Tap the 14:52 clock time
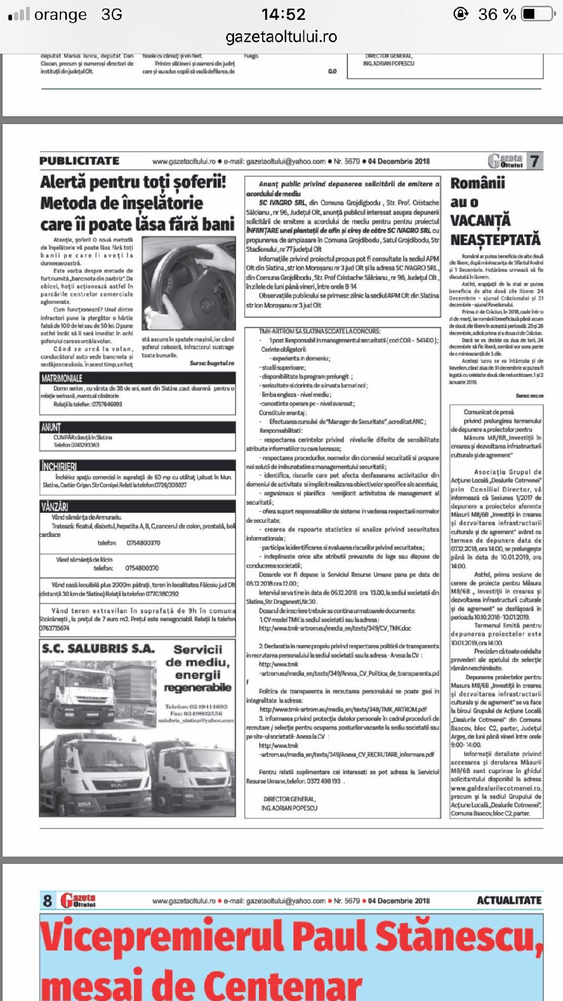click(x=283, y=14)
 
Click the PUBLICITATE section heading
click(x=79, y=161)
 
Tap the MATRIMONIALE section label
click(x=62, y=378)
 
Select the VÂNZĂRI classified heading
click(x=55, y=506)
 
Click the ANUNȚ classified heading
click(x=51, y=428)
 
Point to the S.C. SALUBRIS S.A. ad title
click(x=99, y=649)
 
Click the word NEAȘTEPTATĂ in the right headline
click(x=495, y=240)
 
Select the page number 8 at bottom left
click(x=47, y=900)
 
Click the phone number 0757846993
click(x=106, y=404)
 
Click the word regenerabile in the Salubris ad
click(x=198, y=688)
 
